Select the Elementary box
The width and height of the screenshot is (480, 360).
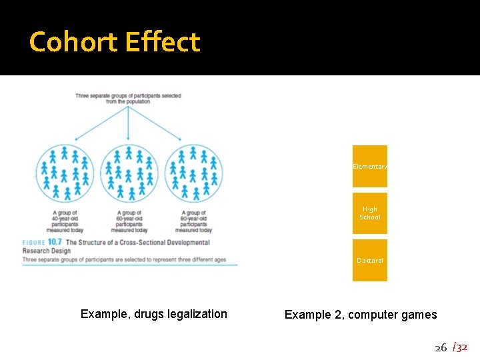coord(370,166)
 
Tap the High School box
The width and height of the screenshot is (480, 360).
coord(370,213)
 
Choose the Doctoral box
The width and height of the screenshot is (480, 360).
coord(370,261)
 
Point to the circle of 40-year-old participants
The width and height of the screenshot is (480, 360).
coord(65,173)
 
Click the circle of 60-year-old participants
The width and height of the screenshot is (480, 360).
coord(129,173)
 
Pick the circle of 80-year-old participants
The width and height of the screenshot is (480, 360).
coord(193,173)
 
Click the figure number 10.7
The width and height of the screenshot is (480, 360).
coord(55,243)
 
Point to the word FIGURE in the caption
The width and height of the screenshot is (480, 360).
coord(33,243)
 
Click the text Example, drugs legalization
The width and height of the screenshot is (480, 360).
coord(153,314)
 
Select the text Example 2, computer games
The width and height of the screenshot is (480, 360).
coord(361,315)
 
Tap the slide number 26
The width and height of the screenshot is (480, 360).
coord(441,347)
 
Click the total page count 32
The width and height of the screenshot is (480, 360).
coord(461,347)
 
